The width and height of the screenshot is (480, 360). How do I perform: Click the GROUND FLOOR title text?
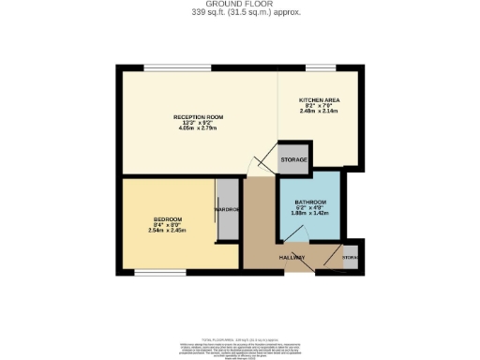point(239,5)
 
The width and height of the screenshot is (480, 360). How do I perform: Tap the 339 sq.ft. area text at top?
point(239,13)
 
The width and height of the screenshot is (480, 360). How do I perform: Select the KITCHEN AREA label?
point(319,99)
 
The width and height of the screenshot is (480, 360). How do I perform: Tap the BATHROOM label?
point(309,202)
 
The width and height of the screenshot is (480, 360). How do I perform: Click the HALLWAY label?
point(293,256)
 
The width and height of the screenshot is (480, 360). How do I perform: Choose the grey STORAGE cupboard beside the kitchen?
point(294,159)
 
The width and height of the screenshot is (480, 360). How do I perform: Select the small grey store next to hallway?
point(350,256)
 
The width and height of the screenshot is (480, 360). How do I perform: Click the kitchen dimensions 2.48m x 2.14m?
point(319,111)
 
